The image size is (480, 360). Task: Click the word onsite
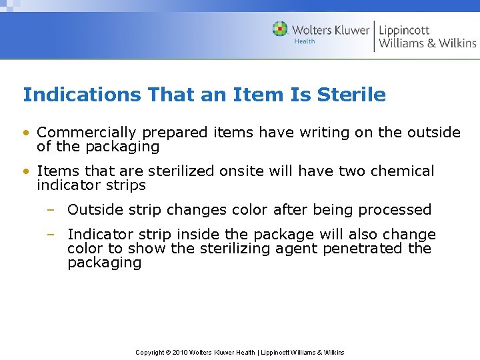point(239,171)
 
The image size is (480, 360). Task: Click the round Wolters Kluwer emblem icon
point(280,29)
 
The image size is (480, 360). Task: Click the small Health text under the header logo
point(304,41)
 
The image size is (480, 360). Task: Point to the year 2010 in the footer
point(180,352)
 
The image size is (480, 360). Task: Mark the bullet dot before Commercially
point(26,133)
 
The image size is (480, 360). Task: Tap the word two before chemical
point(352,171)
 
